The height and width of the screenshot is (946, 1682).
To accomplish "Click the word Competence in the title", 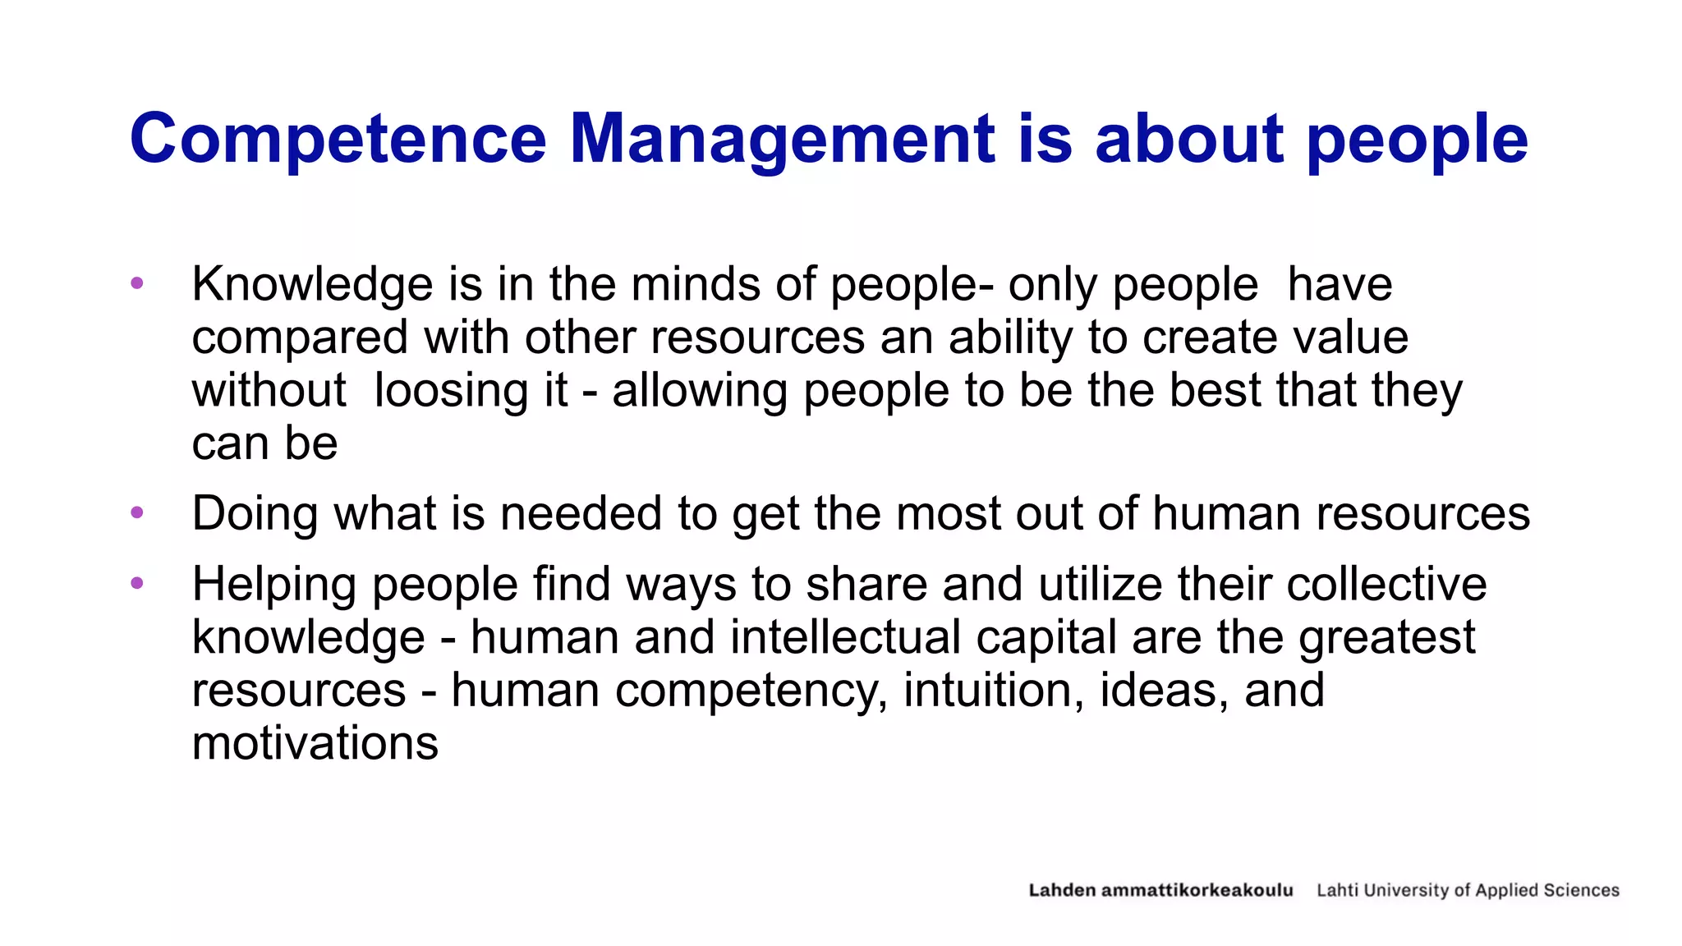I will click(x=338, y=140).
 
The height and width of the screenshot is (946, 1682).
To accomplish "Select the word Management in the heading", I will click(x=782, y=140).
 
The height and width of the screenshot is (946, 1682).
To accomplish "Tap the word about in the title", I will click(x=1188, y=140).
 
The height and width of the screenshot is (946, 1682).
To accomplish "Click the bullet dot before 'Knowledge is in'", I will click(x=137, y=283).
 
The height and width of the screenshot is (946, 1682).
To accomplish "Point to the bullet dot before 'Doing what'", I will click(x=137, y=513).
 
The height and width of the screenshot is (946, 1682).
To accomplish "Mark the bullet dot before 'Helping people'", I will click(x=137, y=583).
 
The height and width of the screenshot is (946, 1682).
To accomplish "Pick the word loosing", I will click(x=470, y=390).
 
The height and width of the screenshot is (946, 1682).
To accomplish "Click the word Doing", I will click(x=254, y=514).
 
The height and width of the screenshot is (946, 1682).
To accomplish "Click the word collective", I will click(x=1386, y=584).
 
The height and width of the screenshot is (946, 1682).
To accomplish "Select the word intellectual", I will click(x=845, y=637).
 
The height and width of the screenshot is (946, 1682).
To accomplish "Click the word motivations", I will click(x=315, y=743).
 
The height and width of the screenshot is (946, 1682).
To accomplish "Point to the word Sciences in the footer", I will click(x=1581, y=890).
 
